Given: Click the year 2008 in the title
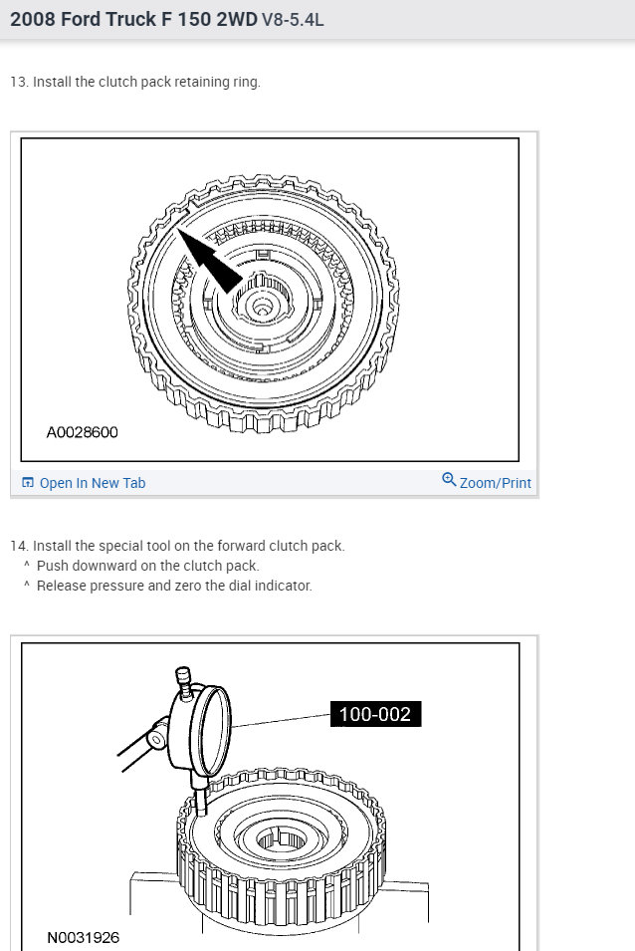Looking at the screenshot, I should pyautogui.click(x=34, y=19).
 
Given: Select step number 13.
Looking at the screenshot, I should pyautogui.click(x=18, y=82).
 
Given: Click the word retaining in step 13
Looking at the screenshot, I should pyautogui.click(x=202, y=82).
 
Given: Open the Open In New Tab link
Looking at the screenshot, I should pyautogui.click(x=92, y=483).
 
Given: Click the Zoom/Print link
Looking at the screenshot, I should pyautogui.click(x=495, y=483).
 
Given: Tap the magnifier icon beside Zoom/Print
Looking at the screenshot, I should pyautogui.click(x=449, y=481).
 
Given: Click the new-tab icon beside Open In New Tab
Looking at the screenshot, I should pyautogui.click(x=28, y=483).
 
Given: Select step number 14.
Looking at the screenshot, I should pyautogui.click(x=18, y=546).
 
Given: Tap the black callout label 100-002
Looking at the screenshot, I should pyautogui.click(x=375, y=713).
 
